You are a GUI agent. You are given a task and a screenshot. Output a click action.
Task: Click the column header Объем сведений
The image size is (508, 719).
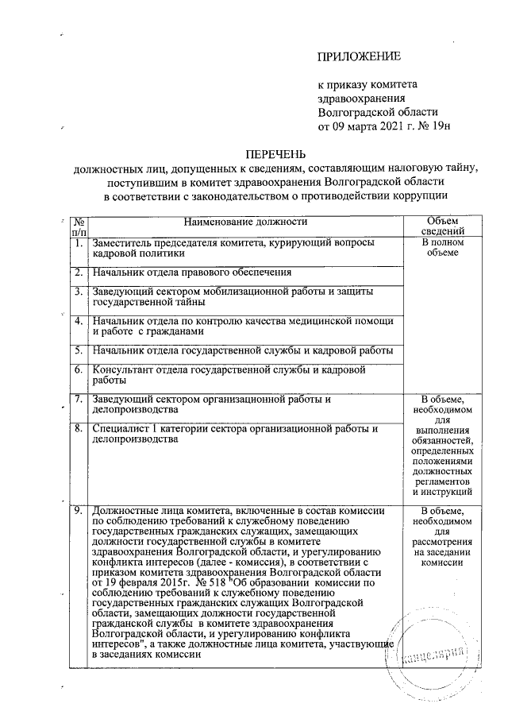coord(442,226)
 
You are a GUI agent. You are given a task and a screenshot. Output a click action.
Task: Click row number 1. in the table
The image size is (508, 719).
coord(79,242)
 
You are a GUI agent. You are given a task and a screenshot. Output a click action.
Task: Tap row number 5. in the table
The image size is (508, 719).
coord(79,350)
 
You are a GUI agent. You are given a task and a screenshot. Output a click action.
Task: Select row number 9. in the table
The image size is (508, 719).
coord(79,510)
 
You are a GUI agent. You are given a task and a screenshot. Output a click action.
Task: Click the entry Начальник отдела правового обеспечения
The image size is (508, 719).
coord(191,273)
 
